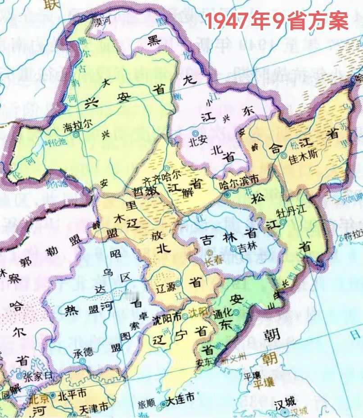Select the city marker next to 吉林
click(x=233, y=248)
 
